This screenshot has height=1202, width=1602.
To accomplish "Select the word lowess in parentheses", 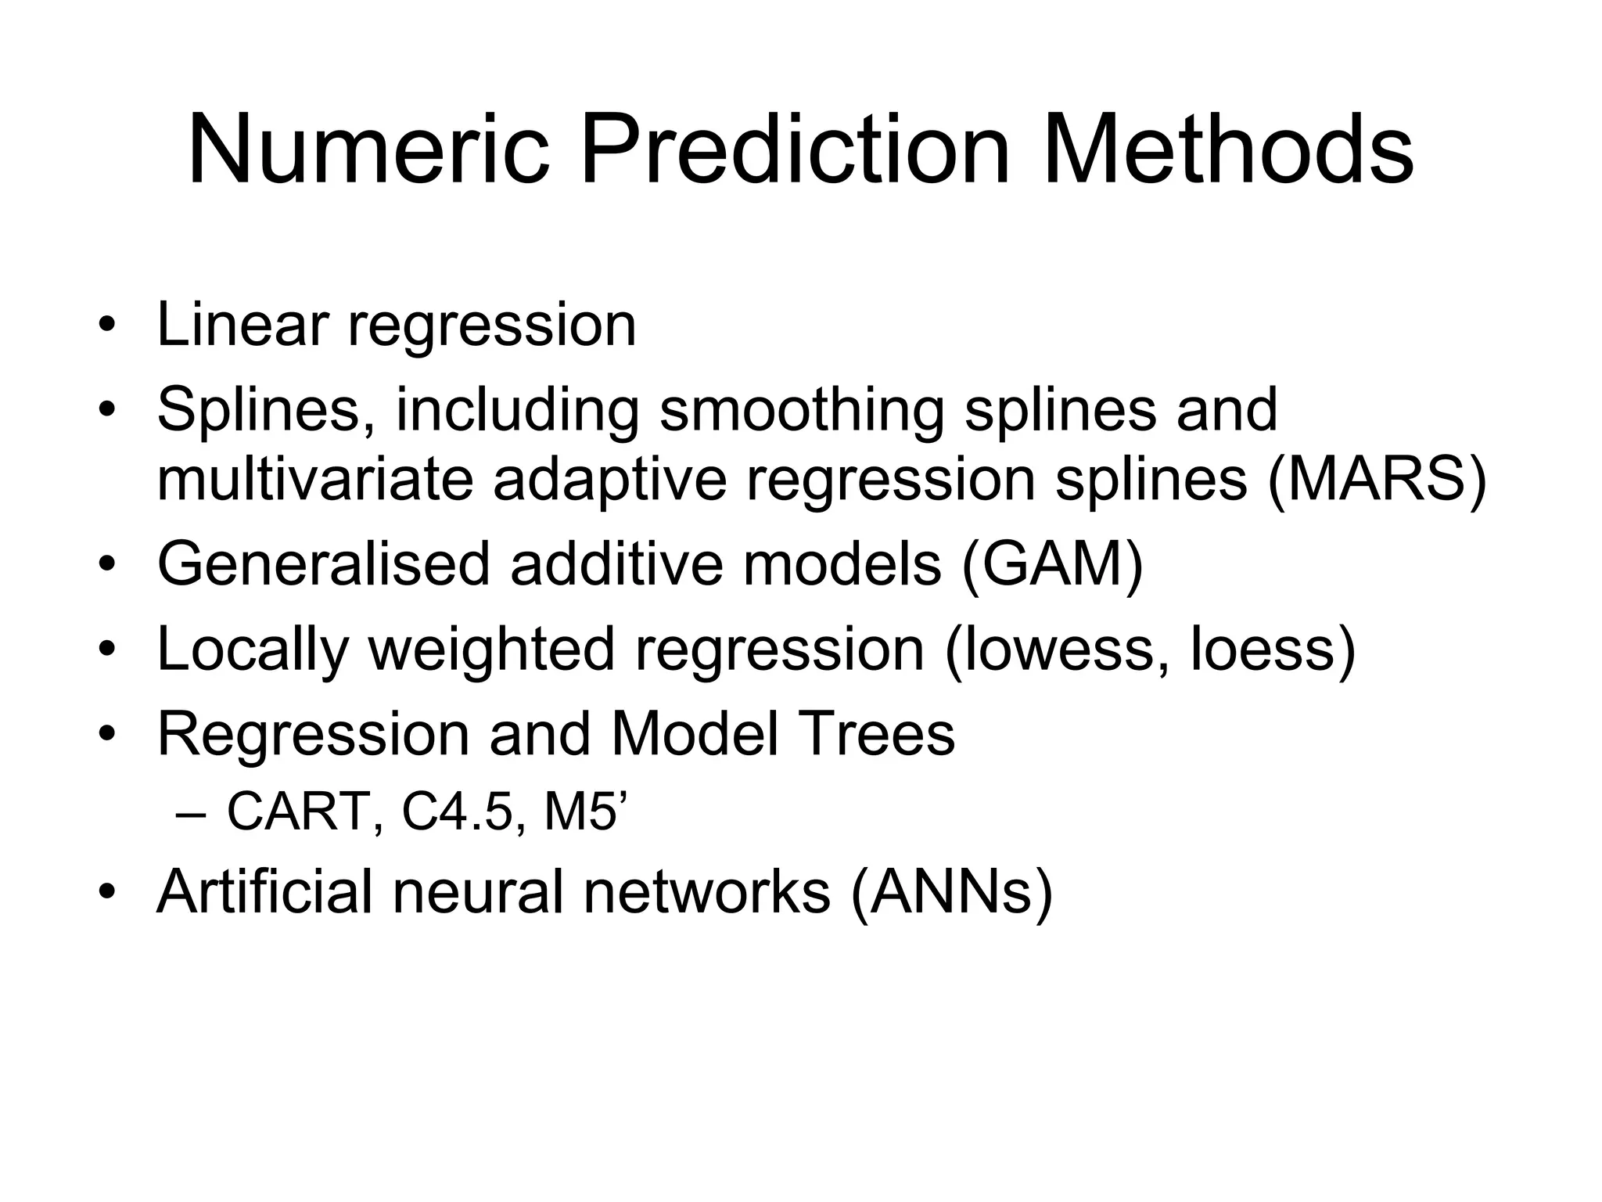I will tap(1049, 649).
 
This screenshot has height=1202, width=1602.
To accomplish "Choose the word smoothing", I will tap(802, 410).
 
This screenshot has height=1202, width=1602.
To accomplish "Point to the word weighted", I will tap(491, 649).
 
